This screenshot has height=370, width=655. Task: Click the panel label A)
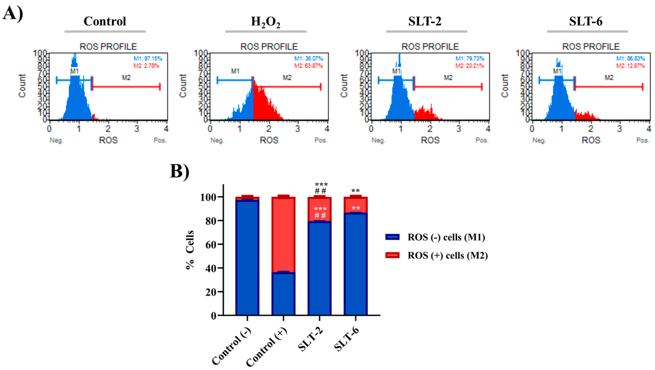pyautogui.click(x=13, y=13)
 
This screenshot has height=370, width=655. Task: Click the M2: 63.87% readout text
pyautogui.click(x=308, y=66)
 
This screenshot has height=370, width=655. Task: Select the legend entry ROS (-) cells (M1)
pyautogui.click(x=446, y=237)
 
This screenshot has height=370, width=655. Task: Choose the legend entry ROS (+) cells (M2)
pyautogui.click(x=448, y=255)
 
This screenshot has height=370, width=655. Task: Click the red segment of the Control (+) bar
pyautogui.click(x=283, y=234)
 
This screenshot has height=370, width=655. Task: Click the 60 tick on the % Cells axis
pyautogui.click(x=210, y=245)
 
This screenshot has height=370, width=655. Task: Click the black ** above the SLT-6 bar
pyautogui.click(x=355, y=191)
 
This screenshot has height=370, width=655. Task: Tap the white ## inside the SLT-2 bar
pyautogui.click(x=320, y=216)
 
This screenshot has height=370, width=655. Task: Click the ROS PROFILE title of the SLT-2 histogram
pyautogui.click(x=430, y=47)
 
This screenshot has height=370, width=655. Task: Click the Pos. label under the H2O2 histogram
pyautogui.click(x=321, y=140)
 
